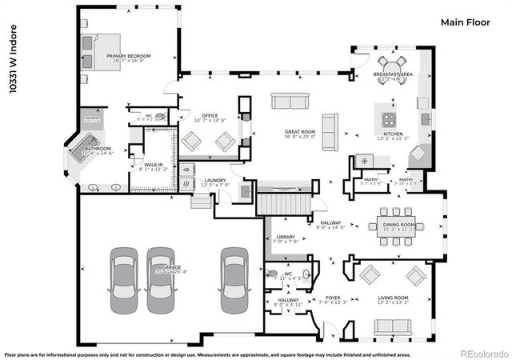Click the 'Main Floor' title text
464,22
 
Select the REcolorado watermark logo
480,353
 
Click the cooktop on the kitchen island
390,119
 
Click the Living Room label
393,300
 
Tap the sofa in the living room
392,326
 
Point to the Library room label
286,238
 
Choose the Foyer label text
330,299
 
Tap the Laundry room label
214,181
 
